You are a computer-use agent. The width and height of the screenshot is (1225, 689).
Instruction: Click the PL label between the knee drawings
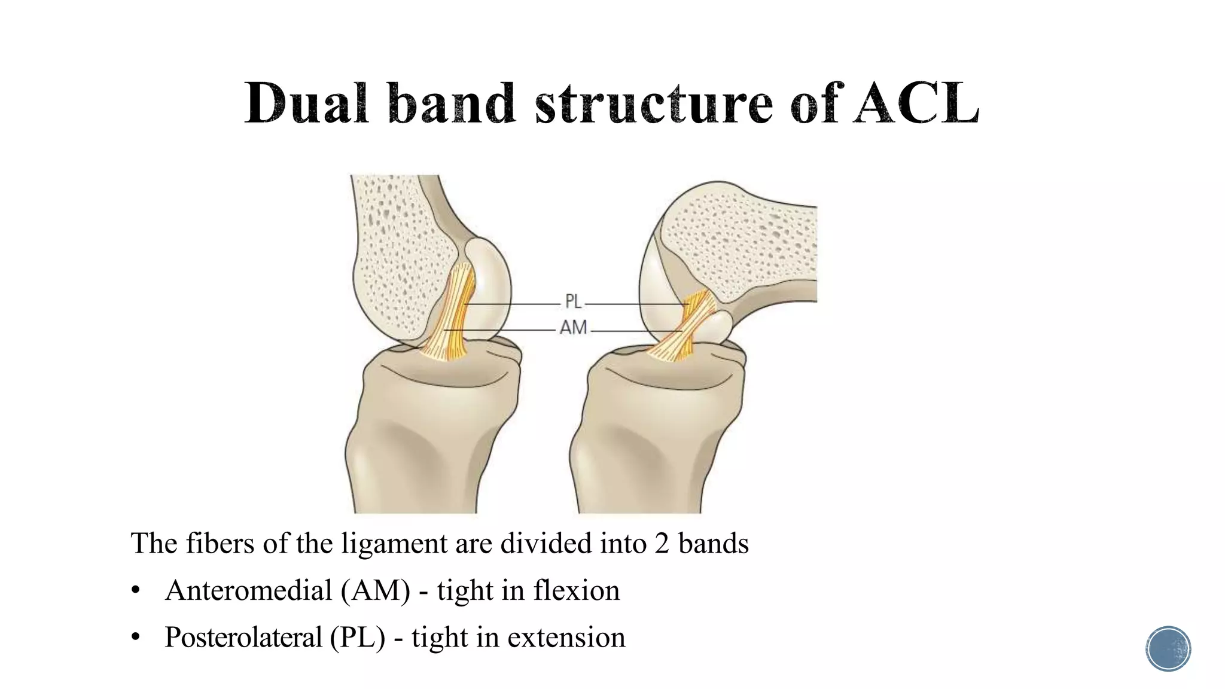click(x=573, y=302)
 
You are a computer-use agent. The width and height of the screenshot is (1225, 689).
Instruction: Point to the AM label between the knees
click(x=573, y=328)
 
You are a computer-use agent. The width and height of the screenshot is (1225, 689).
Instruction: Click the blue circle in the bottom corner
click(x=1168, y=649)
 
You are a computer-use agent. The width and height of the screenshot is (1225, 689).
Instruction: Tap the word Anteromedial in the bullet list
click(x=248, y=591)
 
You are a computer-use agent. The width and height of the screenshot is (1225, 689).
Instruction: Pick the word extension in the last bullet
click(x=566, y=638)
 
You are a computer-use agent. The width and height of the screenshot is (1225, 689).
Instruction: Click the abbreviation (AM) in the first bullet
click(x=376, y=591)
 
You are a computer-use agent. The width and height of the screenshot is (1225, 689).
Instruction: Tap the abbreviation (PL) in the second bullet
click(x=357, y=638)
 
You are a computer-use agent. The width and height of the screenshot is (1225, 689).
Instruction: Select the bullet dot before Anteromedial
click(x=136, y=592)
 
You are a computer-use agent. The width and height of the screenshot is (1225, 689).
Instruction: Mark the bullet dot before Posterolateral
click(x=136, y=638)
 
